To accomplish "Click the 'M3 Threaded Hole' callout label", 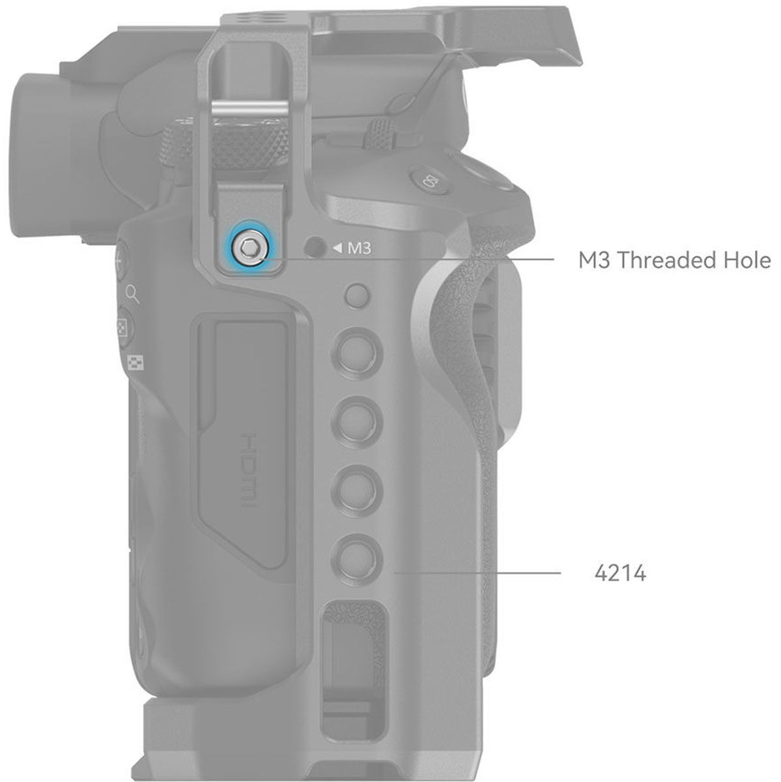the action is [674, 260].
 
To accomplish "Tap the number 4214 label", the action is [620, 573].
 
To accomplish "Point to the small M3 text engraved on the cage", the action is [360, 248].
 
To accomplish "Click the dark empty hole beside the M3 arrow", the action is [315, 247].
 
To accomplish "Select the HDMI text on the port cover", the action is [249, 471].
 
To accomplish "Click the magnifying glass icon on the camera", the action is [133, 294].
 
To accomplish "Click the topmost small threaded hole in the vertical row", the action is [356, 296].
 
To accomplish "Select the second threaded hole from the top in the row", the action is [357, 353].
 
